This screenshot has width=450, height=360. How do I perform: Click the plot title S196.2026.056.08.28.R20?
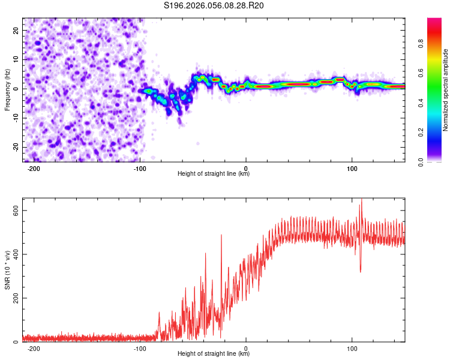tap(214, 6)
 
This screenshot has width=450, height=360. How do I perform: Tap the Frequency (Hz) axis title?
tap(7, 90)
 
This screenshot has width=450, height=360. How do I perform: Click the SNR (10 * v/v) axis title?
tap(7, 273)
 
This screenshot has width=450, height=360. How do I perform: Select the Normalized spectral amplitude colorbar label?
tap(446, 90)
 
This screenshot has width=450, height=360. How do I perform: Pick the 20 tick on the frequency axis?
tap(16, 30)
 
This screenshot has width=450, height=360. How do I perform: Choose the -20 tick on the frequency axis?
tap(15, 147)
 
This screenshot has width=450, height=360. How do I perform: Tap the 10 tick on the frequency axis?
tap(16, 59)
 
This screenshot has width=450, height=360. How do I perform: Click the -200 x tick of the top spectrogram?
tap(34, 168)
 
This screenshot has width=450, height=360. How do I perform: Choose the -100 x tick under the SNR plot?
tap(140, 348)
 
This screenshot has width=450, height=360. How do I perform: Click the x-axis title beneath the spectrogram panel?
tap(214, 174)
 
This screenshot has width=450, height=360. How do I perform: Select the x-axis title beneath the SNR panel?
tap(214, 354)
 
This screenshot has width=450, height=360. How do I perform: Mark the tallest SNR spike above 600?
tap(361, 200)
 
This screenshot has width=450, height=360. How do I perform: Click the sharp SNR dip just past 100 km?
tap(361, 271)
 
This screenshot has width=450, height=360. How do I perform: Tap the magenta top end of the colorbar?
tap(434, 20)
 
